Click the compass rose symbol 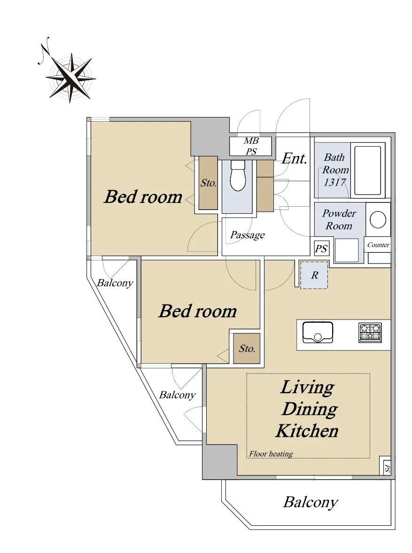tap(70, 78)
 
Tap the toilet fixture tap(238, 175)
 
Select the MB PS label tap(251, 146)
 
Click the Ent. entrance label tap(294, 159)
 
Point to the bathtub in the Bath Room tap(367, 171)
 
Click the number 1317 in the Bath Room tap(335, 182)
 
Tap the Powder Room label tap(339, 219)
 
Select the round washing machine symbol tap(378, 220)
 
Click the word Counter tap(379, 245)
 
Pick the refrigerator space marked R tap(314, 275)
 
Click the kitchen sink tap(318, 332)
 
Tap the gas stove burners tap(370, 333)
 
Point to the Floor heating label tap(271, 454)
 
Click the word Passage tap(247, 235)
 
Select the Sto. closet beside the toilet tap(208, 183)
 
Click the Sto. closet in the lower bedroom tap(247, 349)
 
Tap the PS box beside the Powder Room tap(321, 248)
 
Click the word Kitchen tap(307, 431)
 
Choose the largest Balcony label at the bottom tap(311, 502)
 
